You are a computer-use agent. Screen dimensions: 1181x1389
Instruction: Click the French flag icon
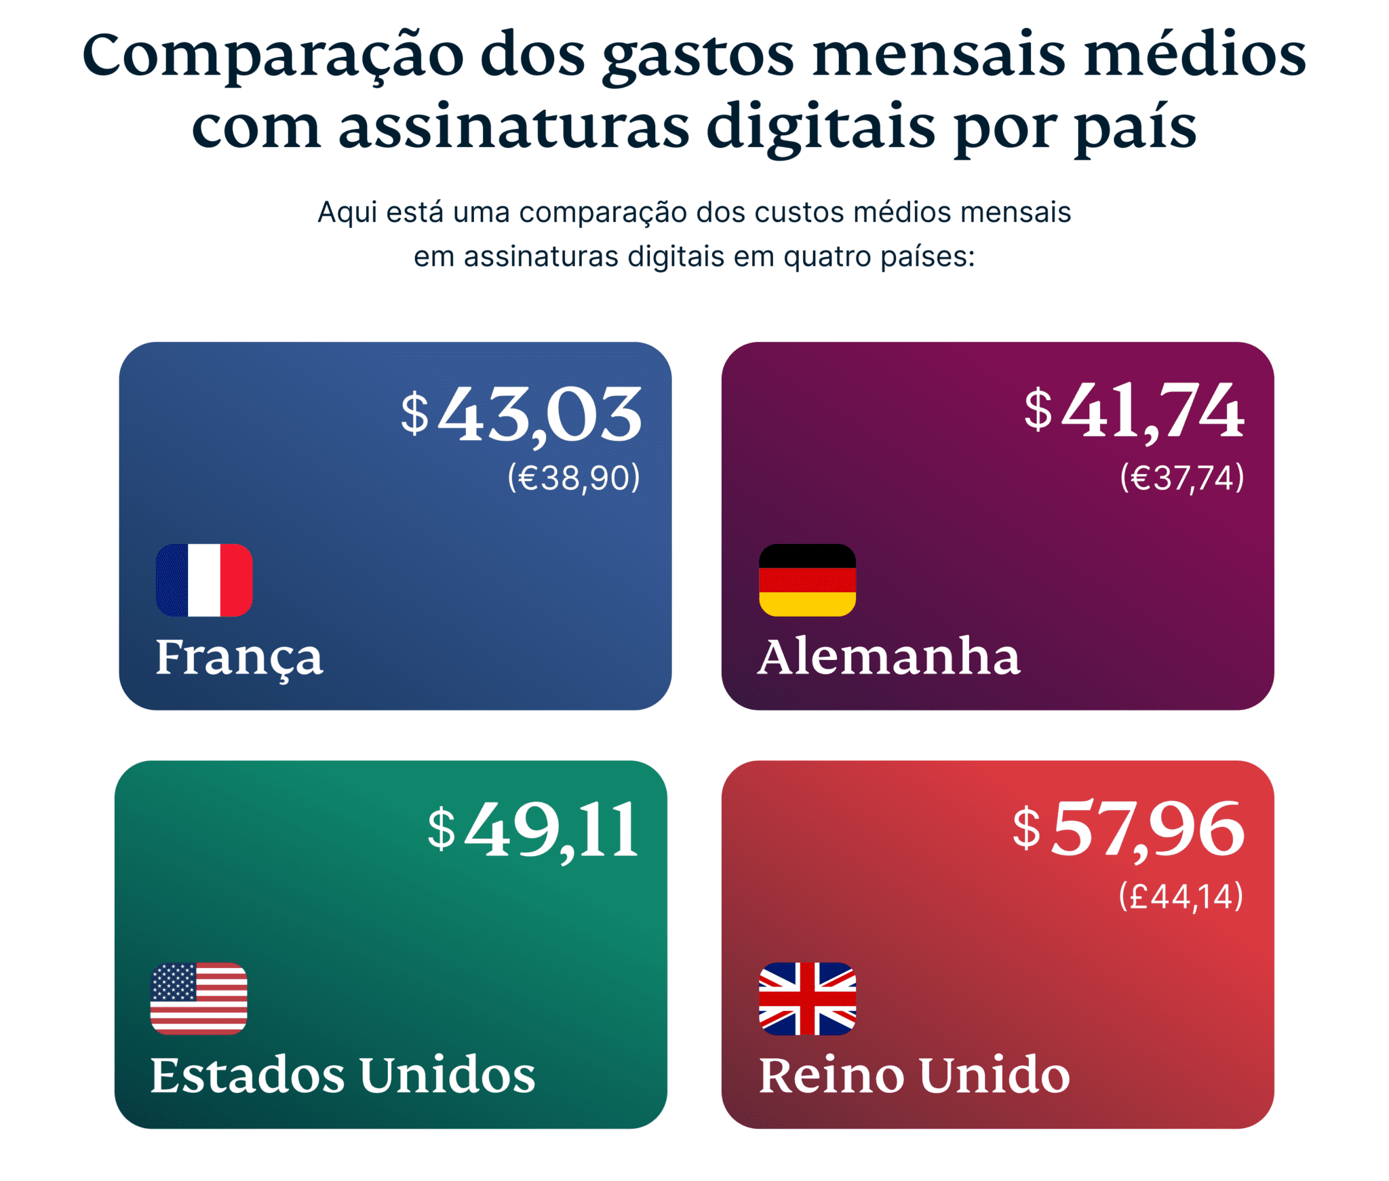(x=203, y=580)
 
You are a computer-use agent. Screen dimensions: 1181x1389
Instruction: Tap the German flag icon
(x=806, y=580)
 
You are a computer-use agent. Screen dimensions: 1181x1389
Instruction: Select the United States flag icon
(x=199, y=998)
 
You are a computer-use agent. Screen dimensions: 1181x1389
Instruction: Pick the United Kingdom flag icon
(x=806, y=998)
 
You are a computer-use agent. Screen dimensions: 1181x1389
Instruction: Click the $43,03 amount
(x=521, y=414)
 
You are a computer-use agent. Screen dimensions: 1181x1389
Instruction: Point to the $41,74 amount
(x=1133, y=410)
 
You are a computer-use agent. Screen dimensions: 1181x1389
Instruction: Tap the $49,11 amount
(x=533, y=829)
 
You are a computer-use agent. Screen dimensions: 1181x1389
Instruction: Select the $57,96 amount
(x=1128, y=829)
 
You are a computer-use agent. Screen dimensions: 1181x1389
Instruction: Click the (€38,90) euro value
(x=573, y=478)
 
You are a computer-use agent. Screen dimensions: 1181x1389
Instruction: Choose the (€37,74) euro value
(x=1181, y=478)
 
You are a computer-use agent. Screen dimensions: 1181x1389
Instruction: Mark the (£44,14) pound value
(x=1180, y=896)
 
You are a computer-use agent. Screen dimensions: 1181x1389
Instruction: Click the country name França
(x=239, y=657)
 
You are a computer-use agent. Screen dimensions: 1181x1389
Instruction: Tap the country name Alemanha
(x=888, y=657)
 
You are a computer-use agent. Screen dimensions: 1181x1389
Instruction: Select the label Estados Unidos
(x=343, y=1075)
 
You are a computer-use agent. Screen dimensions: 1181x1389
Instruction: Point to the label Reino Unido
(x=914, y=1075)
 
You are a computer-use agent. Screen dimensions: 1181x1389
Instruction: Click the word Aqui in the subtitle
(x=347, y=213)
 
